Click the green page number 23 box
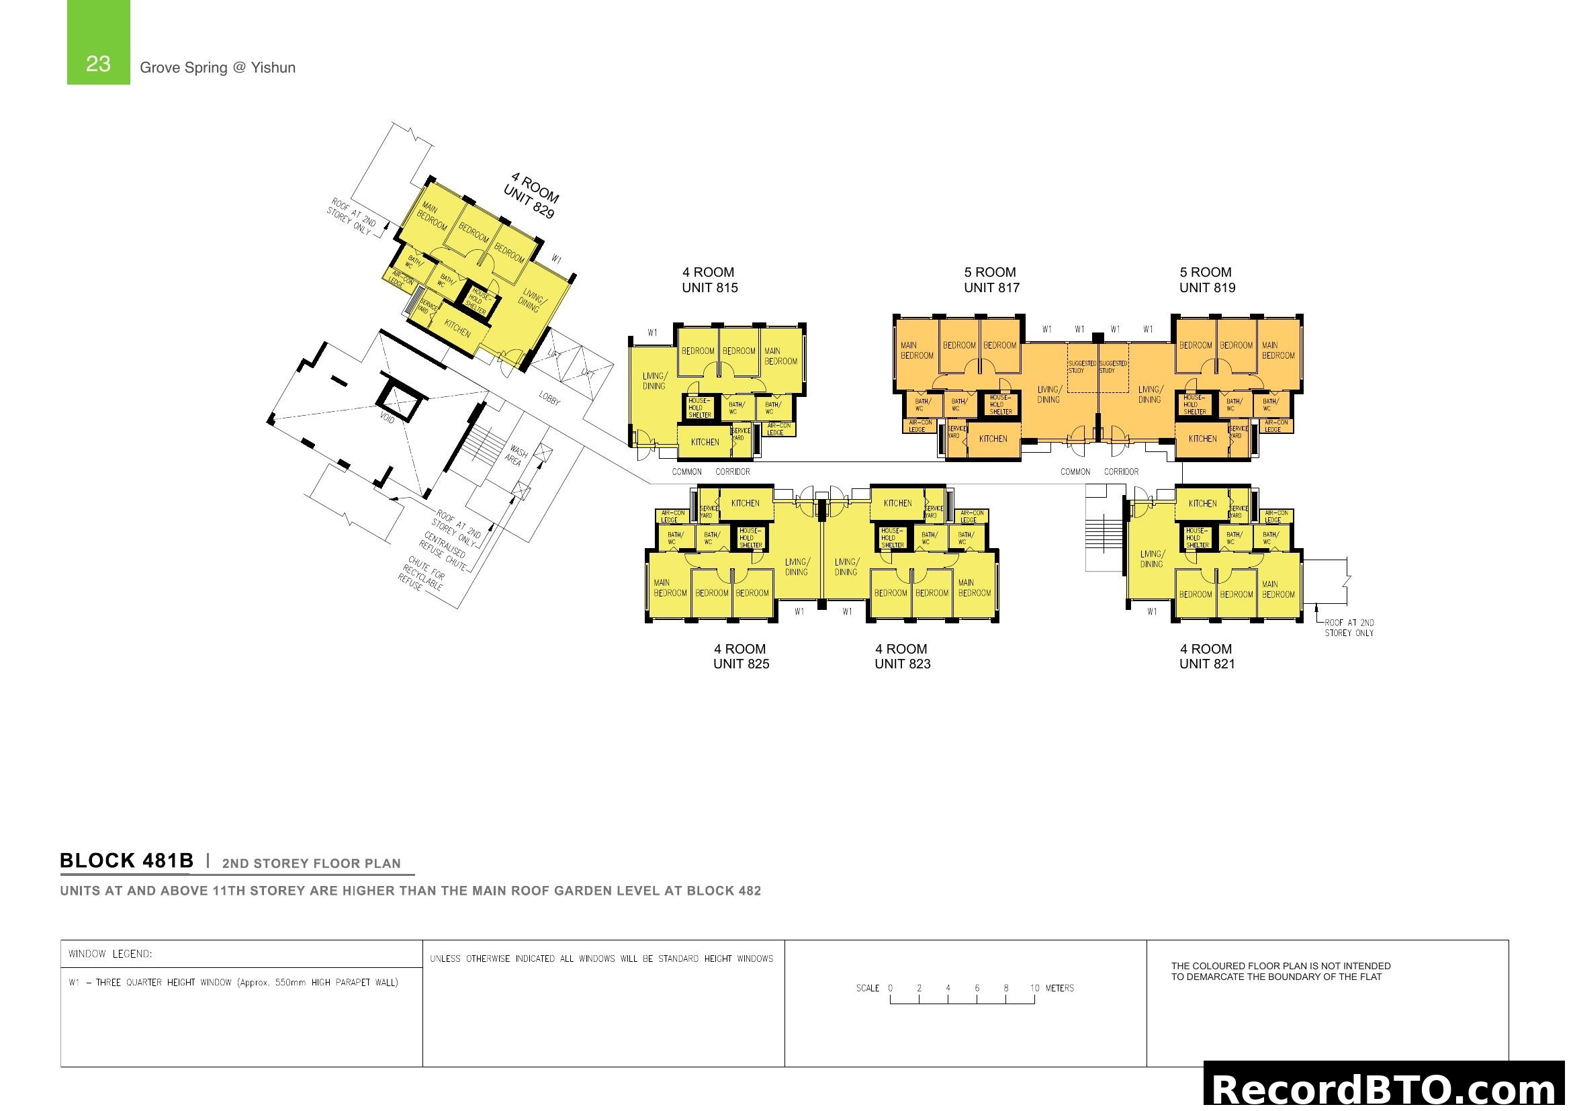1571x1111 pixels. click(98, 42)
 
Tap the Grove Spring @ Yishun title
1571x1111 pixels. click(218, 68)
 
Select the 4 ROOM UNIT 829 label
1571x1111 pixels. click(531, 195)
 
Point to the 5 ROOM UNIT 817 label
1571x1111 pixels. click(991, 280)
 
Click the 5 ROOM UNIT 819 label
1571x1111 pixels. click(1207, 280)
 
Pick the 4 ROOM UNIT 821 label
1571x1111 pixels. click(1207, 656)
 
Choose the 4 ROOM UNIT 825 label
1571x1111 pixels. click(741, 656)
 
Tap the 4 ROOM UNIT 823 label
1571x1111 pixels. click(902, 656)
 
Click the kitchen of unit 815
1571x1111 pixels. click(704, 442)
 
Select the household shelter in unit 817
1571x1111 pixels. click(999, 404)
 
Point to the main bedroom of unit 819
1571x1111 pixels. click(1278, 350)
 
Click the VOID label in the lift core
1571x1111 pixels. click(388, 417)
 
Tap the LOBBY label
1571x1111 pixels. click(549, 398)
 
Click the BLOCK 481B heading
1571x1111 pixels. click(126, 860)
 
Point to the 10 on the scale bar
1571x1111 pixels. click(1034, 988)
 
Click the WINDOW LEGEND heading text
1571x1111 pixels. click(110, 954)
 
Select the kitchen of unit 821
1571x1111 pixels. click(1202, 504)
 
